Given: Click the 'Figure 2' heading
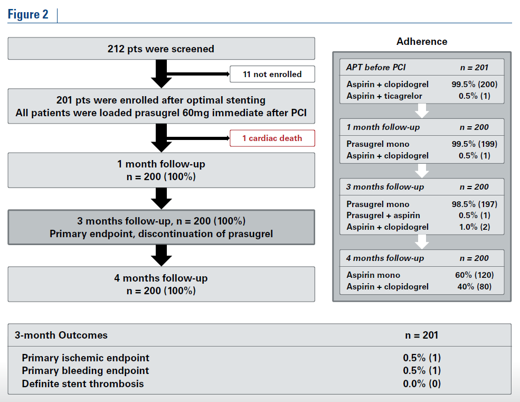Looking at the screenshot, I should click(28, 14).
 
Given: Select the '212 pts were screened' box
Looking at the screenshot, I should click(161, 49).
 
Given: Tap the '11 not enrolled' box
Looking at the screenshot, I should click(272, 74).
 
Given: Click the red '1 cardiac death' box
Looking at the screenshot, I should click(272, 138).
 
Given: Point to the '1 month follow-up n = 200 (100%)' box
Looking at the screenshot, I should click(161, 170).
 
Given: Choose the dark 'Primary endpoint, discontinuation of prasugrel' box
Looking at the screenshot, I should click(161, 227).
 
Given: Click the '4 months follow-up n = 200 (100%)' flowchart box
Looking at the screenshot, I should click(161, 284).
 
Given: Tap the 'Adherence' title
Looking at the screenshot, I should click(422, 41).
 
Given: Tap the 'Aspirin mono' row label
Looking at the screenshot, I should click(373, 275).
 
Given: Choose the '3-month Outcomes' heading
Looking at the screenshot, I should click(61, 335).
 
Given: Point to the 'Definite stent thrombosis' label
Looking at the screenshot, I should click(82, 384).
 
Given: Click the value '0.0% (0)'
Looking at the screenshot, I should click(422, 384).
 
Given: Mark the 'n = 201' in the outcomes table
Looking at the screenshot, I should click(422, 335).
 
